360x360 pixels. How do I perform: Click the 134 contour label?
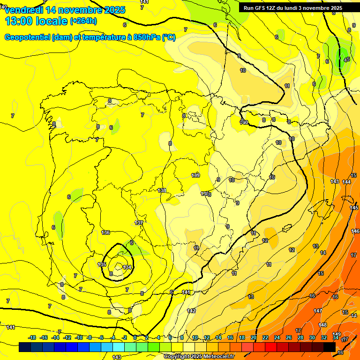tap(127, 267)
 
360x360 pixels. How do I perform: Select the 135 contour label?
tap(102, 265)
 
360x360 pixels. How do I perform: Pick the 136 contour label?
tap(105, 232)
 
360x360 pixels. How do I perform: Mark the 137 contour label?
tap(139, 223)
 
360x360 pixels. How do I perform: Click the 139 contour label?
tap(195, 175)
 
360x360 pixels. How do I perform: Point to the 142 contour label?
tap(191, 311)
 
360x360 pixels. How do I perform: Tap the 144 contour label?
tap(346, 182)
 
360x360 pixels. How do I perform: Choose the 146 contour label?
tap(355, 231)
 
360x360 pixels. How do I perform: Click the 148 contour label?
tap(322, 325)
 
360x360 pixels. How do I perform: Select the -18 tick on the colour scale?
tap(32, 337)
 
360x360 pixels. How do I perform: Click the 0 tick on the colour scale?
tap(135, 337)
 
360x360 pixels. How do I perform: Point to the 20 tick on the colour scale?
tap(253, 337)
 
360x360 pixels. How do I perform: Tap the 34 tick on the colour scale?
tap(336, 337)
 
